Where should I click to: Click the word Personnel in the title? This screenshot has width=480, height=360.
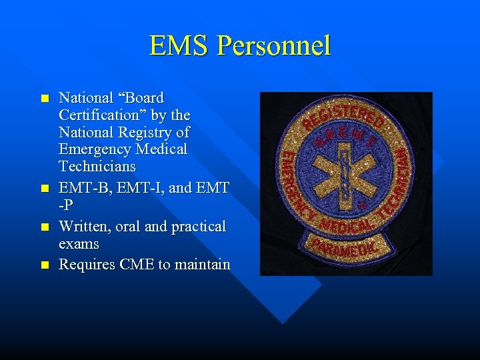click(273, 46)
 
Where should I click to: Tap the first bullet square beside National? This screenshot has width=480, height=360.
click(44, 98)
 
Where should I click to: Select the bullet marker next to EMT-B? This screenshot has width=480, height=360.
click(44, 189)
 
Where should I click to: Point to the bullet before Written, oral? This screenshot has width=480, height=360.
click(44, 227)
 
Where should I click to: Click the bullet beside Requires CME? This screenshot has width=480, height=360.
click(44, 265)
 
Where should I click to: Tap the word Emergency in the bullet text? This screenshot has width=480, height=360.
click(93, 149)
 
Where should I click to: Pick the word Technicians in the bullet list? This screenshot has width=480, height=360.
click(97, 166)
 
